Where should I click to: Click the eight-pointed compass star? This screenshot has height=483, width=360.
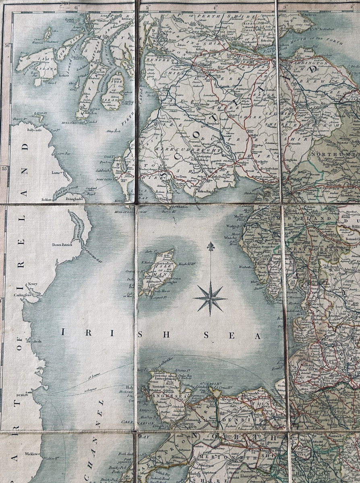tap(210, 298)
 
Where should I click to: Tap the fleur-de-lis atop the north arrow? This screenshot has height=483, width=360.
tap(210, 246)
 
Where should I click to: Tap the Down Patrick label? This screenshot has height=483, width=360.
tap(62, 244)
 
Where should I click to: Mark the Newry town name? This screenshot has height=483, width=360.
tap(32, 284)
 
